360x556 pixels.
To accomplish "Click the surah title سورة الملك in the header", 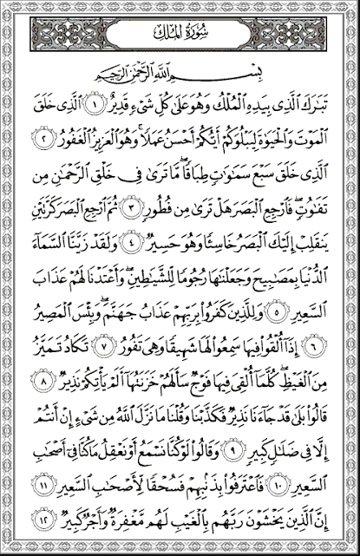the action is (180, 36).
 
